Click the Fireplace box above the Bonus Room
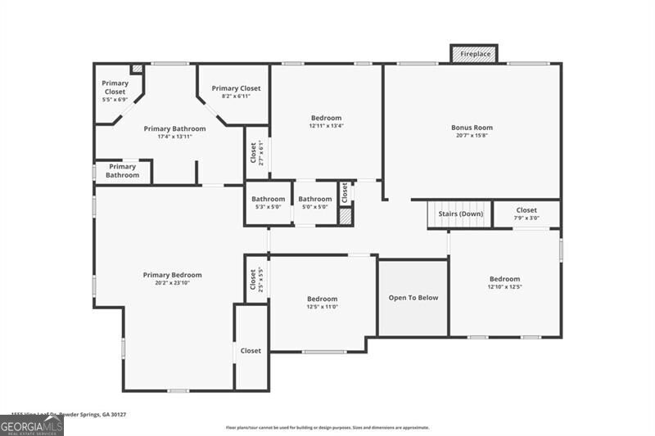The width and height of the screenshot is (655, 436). pyautogui.click(x=475, y=54)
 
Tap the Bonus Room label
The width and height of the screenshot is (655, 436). pyautogui.click(x=472, y=128)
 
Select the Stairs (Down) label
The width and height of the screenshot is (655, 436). pyautogui.click(x=460, y=214)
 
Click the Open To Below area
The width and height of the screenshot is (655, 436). pyautogui.click(x=413, y=298)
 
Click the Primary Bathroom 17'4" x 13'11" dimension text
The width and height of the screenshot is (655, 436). pyautogui.click(x=174, y=137)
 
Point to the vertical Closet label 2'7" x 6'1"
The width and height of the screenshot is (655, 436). pyautogui.click(x=256, y=153)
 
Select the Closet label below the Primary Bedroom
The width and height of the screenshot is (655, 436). pyautogui.click(x=251, y=351)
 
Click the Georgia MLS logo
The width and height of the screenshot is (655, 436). pyautogui.click(x=31, y=425)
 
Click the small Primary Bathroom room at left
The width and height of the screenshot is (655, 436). pyautogui.click(x=122, y=171)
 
